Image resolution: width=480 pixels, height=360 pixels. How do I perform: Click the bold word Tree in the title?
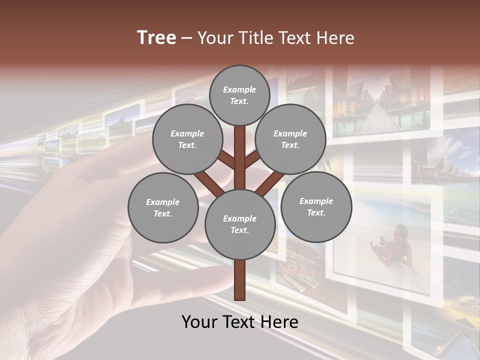(156, 37)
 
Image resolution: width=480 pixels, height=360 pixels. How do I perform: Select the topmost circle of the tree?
(239, 95)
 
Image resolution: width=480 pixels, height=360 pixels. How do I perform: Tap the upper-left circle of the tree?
(187, 139)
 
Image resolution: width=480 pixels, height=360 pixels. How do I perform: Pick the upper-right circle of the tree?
(290, 139)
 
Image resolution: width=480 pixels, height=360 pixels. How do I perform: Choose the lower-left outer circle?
(162, 207)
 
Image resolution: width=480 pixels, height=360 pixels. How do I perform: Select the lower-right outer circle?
(316, 206)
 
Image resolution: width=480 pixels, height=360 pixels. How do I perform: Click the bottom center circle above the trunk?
(240, 224)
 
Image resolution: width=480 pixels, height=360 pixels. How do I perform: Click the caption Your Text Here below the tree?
(240, 322)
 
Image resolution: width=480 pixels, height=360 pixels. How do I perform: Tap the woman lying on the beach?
(392, 245)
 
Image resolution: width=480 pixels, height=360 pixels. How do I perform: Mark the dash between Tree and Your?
(186, 38)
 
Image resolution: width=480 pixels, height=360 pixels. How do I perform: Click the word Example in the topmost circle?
(239, 89)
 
